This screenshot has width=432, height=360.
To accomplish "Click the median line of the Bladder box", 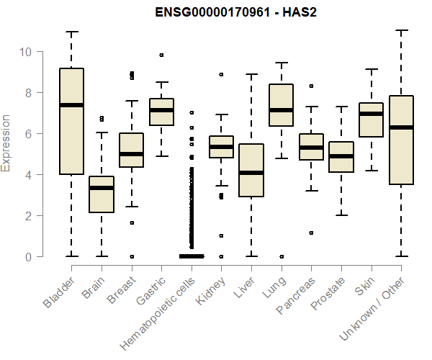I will [x=71, y=105].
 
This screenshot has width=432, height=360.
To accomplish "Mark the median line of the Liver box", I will [x=251, y=173].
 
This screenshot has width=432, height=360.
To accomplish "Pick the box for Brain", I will [x=101, y=194].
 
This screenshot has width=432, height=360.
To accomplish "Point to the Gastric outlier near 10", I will [x=161, y=55].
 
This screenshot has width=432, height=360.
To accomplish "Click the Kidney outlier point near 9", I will [x=221, y=74].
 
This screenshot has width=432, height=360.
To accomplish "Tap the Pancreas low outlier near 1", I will [x=311, y=233].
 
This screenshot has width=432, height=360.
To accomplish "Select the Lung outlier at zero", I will [x=281, y=256].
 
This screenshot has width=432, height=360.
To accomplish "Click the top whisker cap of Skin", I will [x=371, y=69].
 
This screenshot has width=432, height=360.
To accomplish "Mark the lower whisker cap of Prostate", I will [x=341, y=215].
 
